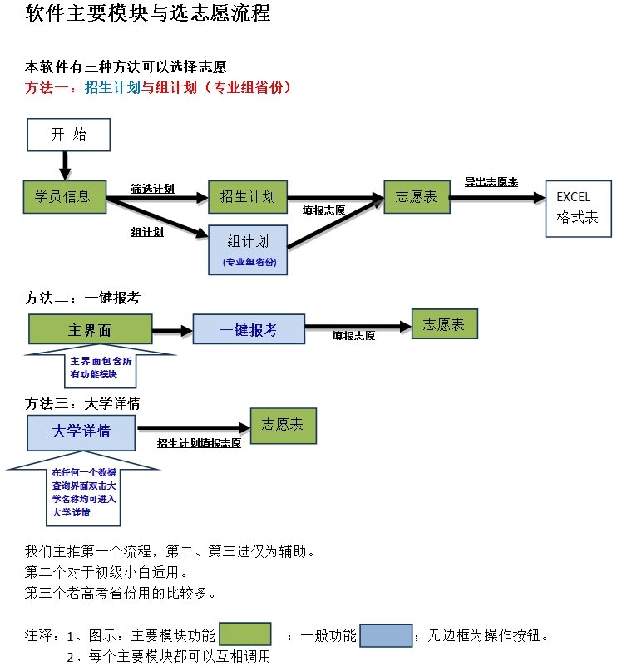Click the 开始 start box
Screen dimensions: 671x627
pyautogui.click(x=69, y=135)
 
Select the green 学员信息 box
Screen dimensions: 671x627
pyautogui.click(x=62, y=197)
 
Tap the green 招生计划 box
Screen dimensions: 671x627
pyautogui.click(x=247, y=197)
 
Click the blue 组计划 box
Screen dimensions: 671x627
pyautogui.click(x=248, y=249)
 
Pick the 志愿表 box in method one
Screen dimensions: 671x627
pyautogui.click(x=416, y=197)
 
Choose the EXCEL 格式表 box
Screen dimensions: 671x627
pyautogui.click(x=578, y=208)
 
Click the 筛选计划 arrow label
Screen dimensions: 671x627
pyautogui.click(x=152, y=189)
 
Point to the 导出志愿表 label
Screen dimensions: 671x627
pyautogui.click(x=491, y=182)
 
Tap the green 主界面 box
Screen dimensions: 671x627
pyautogui.click(x=90, y=330)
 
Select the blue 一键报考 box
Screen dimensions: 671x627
pyautogui.click(x=249, y=330)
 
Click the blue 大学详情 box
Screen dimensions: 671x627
pyautogui.click(x=81, y=432)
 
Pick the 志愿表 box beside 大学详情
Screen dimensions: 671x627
pyautogui.click(x=283, y=425)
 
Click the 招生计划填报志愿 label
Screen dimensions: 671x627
pyautogui.click(x=199, y=443)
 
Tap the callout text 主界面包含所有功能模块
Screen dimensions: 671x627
pyautogui.click(x=101, y=368)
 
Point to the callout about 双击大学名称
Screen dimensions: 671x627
pyautogui.click(x=83, y=492)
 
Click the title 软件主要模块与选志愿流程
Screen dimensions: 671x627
pyautogui.click(x=148, y=14)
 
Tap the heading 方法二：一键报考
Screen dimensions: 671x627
pyautogui.click(x=82, y=298)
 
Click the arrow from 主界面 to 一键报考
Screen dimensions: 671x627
pyautogui.click(x=172, y=330)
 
